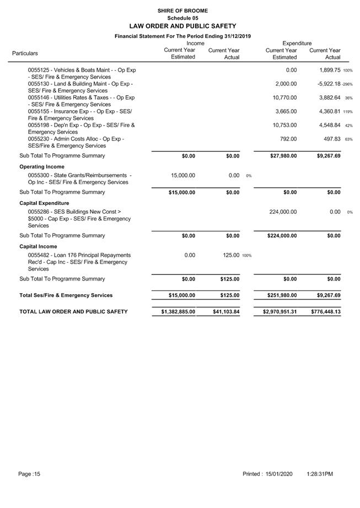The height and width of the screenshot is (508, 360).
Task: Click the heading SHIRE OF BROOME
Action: click(x=182, y=10)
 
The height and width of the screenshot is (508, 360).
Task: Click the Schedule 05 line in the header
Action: click(x=182, y=18)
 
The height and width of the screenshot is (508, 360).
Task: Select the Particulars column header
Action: click(x=25, y=53)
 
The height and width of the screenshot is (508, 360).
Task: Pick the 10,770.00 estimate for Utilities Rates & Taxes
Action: click(x=284, y=98)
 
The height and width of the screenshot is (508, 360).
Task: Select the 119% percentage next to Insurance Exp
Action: click(x=348, y=112)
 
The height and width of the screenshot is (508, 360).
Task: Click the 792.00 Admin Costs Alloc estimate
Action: click(x=288, y=139)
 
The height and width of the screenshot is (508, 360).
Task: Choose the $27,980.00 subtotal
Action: click(x=282, y=156)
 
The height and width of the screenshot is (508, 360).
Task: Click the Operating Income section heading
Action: click(x=42, y=166)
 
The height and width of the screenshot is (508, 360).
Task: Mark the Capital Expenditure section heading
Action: click(x=45, y=203)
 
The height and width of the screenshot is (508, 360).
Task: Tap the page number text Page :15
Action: click(x=30, y=474)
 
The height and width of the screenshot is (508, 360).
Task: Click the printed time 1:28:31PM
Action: click(x=320, y=474)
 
